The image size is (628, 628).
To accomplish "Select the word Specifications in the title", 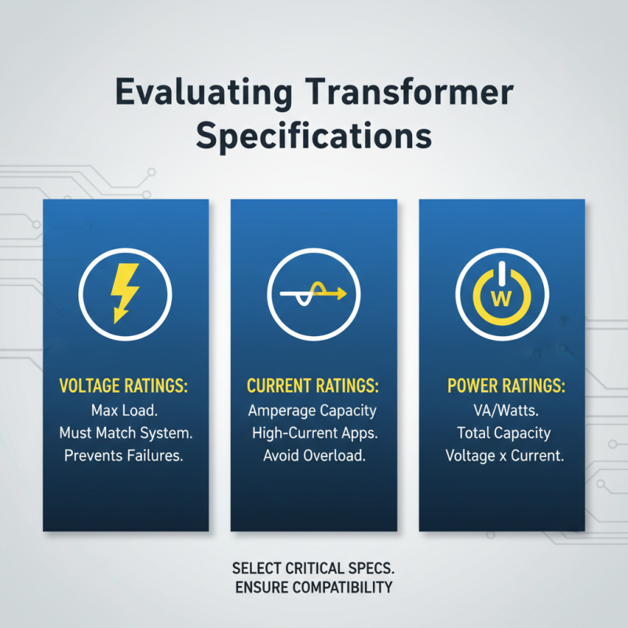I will tap(314, 135).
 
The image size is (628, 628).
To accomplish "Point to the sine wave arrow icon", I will tap(313, 294).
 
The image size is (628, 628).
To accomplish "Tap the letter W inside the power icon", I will tap(502, 298).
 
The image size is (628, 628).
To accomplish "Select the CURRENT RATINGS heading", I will tap(313, 386).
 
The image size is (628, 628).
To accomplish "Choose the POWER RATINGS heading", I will tap(505, 386).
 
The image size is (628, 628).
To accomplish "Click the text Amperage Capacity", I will tap(313, 411).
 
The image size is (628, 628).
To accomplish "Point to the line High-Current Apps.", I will tap(313, 433).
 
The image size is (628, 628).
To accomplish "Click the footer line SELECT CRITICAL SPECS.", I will tap(313, 568).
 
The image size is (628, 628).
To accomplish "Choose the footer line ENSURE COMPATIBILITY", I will tap(313, 587).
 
